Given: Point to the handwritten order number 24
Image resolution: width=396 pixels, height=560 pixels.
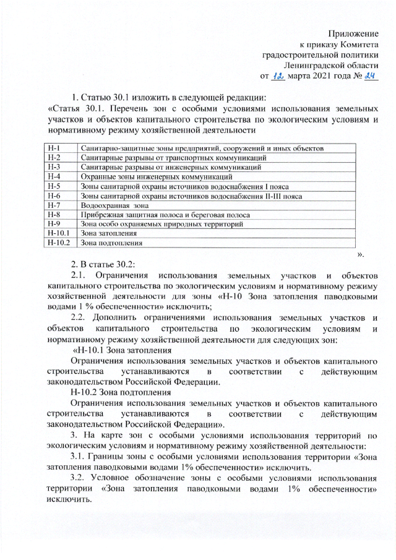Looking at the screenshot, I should pyautogui.click(x=371, y=77).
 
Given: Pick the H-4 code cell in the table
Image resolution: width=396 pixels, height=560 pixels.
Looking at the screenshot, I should pyautogui.click(x=54, y=176).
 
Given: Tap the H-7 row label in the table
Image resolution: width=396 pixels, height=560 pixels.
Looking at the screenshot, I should pyautogui.click(x=54, y=204).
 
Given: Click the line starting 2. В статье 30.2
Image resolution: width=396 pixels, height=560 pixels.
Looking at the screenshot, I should pyautogui.click(x=103, y=264).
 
